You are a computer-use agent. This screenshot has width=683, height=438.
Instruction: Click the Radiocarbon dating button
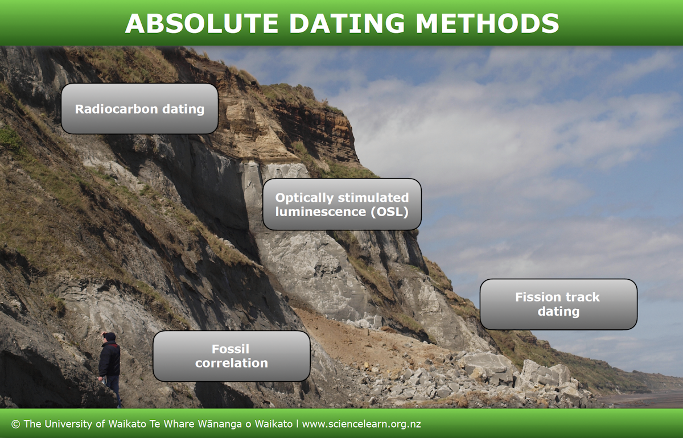tap(139, 109)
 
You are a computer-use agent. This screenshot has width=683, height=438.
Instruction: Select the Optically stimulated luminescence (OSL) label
tap(341, 204)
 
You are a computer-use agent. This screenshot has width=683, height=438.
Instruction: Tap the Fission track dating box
tap(558, 304)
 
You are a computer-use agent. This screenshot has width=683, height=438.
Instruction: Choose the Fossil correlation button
tap(231, 356)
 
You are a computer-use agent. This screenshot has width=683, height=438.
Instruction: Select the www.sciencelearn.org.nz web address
tap(361, 424)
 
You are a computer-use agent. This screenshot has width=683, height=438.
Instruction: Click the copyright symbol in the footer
tap(15, 424)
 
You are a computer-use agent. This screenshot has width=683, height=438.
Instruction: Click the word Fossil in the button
tap(231, 349)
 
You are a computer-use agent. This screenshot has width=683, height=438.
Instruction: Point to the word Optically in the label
tap(305, 197)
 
